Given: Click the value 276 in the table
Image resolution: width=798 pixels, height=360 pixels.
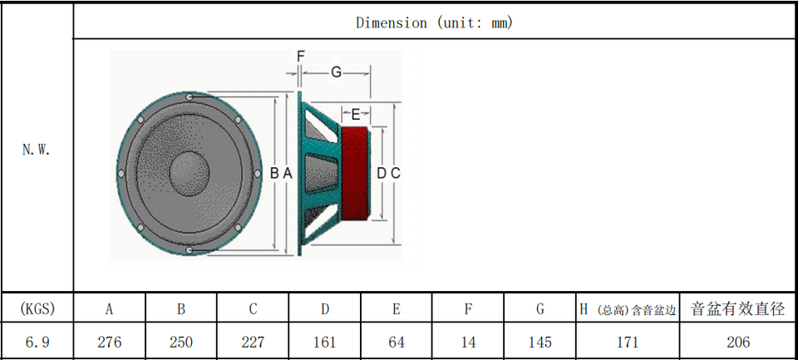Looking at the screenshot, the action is pyautogui.click(x=110, y=342).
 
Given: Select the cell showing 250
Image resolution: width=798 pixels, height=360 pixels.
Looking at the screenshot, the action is pyautogui.click(x=181, y=342).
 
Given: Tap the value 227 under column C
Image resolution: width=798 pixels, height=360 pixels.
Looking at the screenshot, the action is pyautogui.click(x=253, y=342).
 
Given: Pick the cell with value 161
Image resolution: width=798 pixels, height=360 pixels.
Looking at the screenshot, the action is pyautogui.click(x=325, y=342).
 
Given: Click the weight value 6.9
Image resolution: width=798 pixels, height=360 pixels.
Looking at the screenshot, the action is pyautogui.click(x=37, y=342).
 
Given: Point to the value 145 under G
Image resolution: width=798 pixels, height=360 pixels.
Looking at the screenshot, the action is pyautogui.click(x=540, y=342).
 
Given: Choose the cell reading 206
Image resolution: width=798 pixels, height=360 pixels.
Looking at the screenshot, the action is pyautogui.click(x=738, y=342).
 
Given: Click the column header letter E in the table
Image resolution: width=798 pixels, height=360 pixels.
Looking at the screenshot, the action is pyautogui.click(x=397, y=309).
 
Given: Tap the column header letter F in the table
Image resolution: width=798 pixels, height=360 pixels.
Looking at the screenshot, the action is pyautogui.click(x=468, y=309).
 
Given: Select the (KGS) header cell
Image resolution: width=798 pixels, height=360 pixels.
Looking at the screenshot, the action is pyautogui.click(x=37, y=308).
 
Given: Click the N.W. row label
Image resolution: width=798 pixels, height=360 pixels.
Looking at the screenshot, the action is pyautogui.click(x=37, y=150).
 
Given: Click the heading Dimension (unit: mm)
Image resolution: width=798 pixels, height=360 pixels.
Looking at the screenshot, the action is pyautogui.click(x=434, y=22).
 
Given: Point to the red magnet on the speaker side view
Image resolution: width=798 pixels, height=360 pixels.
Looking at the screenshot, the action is pyautogui.click(x=355, y=174).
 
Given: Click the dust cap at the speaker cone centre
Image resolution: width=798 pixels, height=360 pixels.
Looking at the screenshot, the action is pyautogui.click(x=189, y=173).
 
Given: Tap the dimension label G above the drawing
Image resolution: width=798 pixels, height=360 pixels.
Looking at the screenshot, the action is pyautogui.click(x=336, y=73).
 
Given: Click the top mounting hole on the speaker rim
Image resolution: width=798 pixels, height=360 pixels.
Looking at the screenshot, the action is pyautogui.click(x=190, y=96).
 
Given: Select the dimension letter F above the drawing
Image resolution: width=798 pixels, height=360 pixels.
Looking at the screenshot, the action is pyautogui.click(x=300, y=57).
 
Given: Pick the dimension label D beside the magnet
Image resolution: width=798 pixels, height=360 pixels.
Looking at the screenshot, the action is pyautogui.click(x=382, y=174).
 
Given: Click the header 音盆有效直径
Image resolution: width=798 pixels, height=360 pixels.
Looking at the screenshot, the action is pyautogui.click(x=738, y=308).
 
